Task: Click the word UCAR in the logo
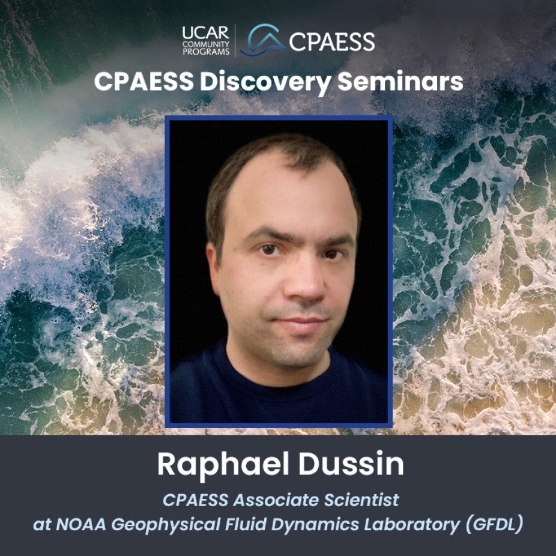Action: [206, 33]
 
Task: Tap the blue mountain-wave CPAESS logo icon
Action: [263, 40]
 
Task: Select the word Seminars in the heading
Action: [400, 82]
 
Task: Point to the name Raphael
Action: [223, 465]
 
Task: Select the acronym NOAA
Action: [81, 525]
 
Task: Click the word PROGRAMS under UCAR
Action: [206, 52]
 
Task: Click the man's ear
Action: [215, 270]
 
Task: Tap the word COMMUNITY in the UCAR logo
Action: [206, 44]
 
